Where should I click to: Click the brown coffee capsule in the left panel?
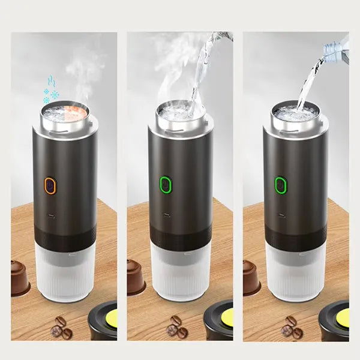pos(20,277)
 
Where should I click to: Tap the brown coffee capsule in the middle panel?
pos(136,277)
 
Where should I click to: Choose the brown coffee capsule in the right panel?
pos(251,277)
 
